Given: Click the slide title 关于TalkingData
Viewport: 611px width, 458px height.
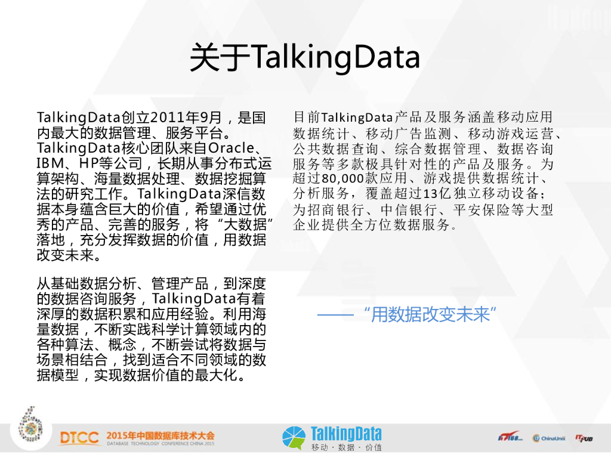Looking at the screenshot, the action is [x=305, y=57].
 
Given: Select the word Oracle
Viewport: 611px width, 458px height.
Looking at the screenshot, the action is [x=231, y=148].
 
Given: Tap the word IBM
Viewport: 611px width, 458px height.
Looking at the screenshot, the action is [x=50, y=163].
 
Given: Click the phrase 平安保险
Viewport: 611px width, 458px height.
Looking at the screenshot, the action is [x=482, y=210].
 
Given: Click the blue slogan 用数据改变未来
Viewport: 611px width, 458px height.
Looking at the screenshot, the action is [x=430, y=314].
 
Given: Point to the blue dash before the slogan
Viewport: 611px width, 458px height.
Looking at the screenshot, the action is [x=335, y=315].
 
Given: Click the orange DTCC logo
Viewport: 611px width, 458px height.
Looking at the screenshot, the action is [x=79, y=438].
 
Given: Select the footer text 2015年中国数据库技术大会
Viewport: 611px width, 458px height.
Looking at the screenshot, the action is [x=160, y=435].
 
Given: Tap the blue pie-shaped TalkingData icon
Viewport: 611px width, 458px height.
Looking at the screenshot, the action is [x=294, y=437].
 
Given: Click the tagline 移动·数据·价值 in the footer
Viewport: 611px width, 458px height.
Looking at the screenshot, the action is [x=346, y=447].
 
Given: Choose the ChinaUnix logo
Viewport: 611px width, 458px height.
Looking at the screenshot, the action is [x=549, y=438].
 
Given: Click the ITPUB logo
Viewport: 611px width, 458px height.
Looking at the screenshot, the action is [x=584, y=438].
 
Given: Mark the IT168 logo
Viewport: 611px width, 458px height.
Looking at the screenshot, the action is [x=510, y=437].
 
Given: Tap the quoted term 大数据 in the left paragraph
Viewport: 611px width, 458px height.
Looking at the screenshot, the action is [x=245, y=224].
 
